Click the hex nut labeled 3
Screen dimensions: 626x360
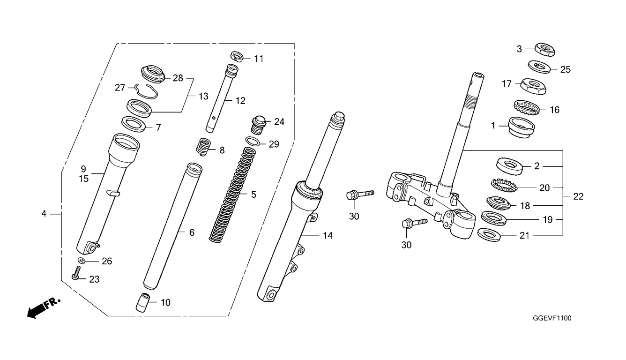click(x=544, y=50)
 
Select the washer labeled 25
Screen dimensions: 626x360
click(x=539, y=67)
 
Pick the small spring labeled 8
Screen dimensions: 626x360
click(x=204, y=147)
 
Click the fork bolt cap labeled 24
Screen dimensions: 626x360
click(x=259, y=125)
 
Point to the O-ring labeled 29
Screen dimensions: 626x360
click(x=253, y=141)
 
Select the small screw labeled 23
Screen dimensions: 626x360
click(x=76, y=272)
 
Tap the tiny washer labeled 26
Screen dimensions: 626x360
click(x=82, y=261)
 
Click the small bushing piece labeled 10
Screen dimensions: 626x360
click(x=143, y=302)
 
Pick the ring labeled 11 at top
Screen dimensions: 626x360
click(x=237, y=56)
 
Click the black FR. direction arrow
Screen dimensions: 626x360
click(x=43, y=307)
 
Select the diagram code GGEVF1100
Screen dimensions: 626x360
click(x=552, y=318)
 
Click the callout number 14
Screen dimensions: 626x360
click(x=328, y=236)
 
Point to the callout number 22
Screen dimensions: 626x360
click(x=578, y=196)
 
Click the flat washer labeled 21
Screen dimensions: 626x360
click(x=489, y=235)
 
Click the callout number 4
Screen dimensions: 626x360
click(x=44, y=214)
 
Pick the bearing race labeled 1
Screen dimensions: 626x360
click(x=521, y=127)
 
